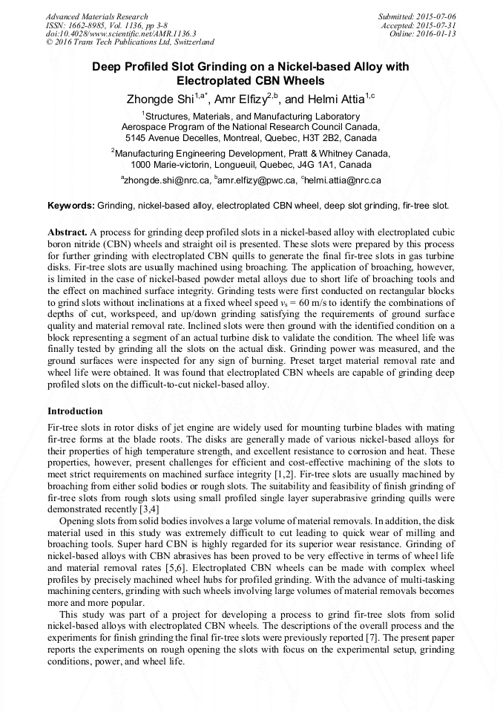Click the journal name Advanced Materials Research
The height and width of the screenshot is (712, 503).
(96, 16)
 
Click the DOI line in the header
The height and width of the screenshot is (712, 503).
(121, 33)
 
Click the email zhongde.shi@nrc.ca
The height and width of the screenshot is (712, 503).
(166, 180)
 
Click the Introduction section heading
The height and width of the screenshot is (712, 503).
(75, 411)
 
